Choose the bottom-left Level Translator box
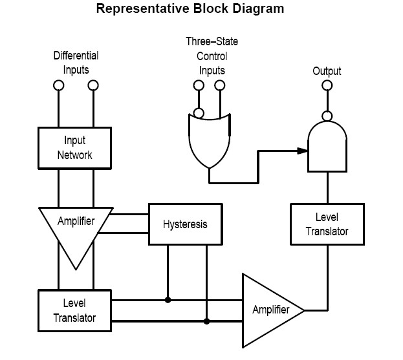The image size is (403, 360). coord(76,310)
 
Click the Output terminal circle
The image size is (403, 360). coord(327,85)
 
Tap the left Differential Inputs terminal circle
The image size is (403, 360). coord(58,85)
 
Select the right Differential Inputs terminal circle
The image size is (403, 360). coord(94,85)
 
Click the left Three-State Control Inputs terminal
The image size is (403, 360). coord(199,85)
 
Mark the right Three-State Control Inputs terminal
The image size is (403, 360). coord(220,85)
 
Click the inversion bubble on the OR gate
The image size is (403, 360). coord(199,113)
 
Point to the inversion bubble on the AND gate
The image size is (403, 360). coord(327,116)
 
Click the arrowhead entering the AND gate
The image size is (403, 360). coord(302,151)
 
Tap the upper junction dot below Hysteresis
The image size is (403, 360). coord(168,300)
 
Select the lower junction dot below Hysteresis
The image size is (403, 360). coord(207,321)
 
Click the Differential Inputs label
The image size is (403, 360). coord(76,63)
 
